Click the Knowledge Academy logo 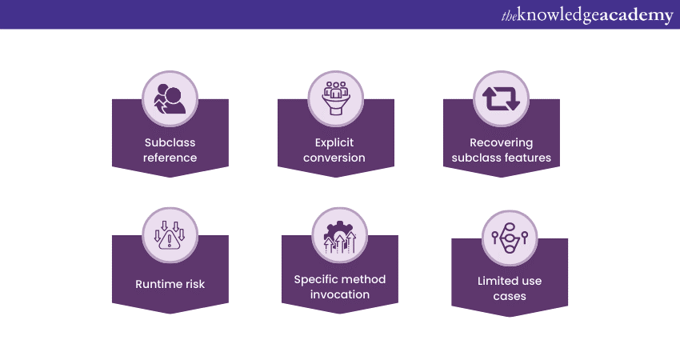click(587, 15)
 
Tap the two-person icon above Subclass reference click(170, 99)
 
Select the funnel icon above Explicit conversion click(336, 98)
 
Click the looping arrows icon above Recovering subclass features click(501, 99)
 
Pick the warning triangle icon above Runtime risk click(170, 235)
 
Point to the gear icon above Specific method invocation click(339, 237)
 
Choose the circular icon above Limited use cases click(510, 238)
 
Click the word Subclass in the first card click(170, 142)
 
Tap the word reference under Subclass click(170, 158)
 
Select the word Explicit click(334, 142)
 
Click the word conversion click(334, 158)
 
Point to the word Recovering click(502, 142)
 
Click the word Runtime click(158, 285)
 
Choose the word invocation click(340, 294)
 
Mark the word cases click(510, 296)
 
